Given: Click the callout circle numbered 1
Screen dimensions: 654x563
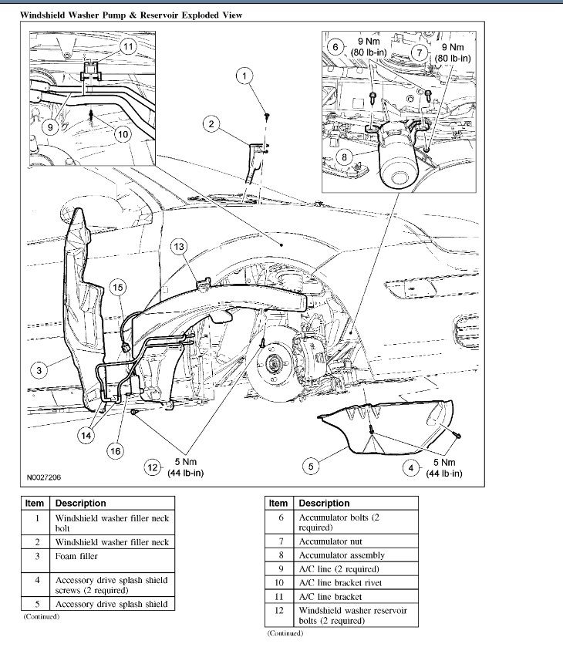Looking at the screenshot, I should click(x=244, y=76).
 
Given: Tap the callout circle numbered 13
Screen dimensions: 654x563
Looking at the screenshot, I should click(x=179, y=246).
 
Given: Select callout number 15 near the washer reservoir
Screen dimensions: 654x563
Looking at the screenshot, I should click(x=117, y=288).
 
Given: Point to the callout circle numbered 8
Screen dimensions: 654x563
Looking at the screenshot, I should click(x=346, y=157).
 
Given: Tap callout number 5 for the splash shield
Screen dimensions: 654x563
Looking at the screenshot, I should click(x=311, y=466).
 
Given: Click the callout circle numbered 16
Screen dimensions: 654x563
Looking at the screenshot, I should click(x=116, y=450).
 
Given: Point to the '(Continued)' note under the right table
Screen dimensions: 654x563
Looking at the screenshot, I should click(x=285, y=633).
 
